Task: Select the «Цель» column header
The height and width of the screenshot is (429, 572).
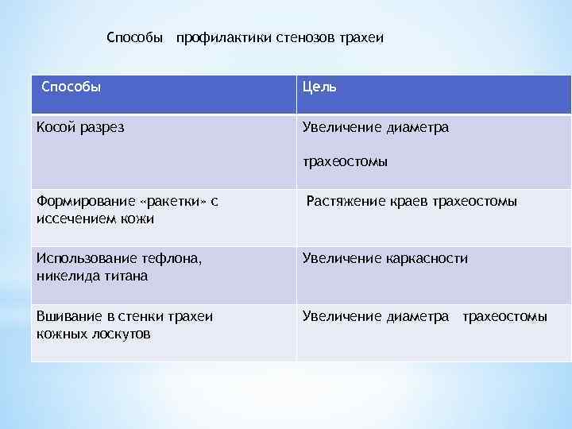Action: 319,87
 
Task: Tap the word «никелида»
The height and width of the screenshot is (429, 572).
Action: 65,275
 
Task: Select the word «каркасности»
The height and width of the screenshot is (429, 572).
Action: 429,258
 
